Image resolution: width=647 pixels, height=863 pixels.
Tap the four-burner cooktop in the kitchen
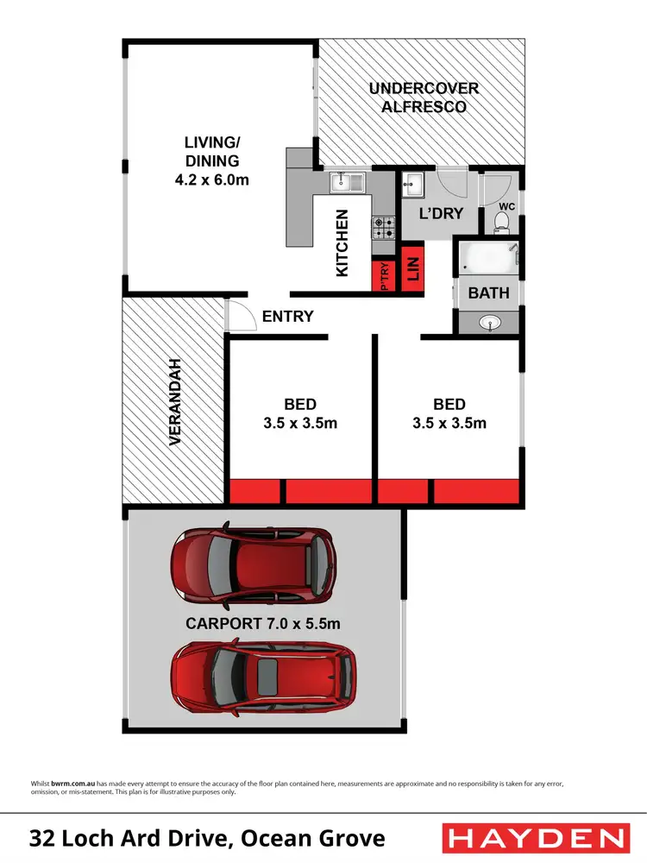[383, 227]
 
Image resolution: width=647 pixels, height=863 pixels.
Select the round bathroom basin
[489, 323]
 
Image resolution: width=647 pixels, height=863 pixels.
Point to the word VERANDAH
[175, 401]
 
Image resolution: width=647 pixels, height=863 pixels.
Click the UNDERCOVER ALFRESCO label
[424, 98]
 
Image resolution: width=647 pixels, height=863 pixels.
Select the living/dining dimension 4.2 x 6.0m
[210, 180]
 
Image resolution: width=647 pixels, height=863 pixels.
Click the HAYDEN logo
[534, 838]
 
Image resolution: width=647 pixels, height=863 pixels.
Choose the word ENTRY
[288, 317]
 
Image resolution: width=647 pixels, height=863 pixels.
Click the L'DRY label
[441, 214]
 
